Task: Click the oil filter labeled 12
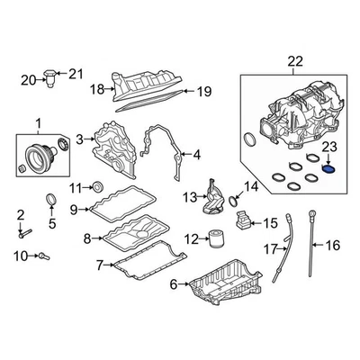(214, 239)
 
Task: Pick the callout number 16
(332, 245)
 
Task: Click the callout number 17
(268, 248)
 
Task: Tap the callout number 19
(204, 91)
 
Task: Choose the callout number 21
(76, 73)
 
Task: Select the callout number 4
(197, 154)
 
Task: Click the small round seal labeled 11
(100, 187)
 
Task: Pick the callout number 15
(270, 221)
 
